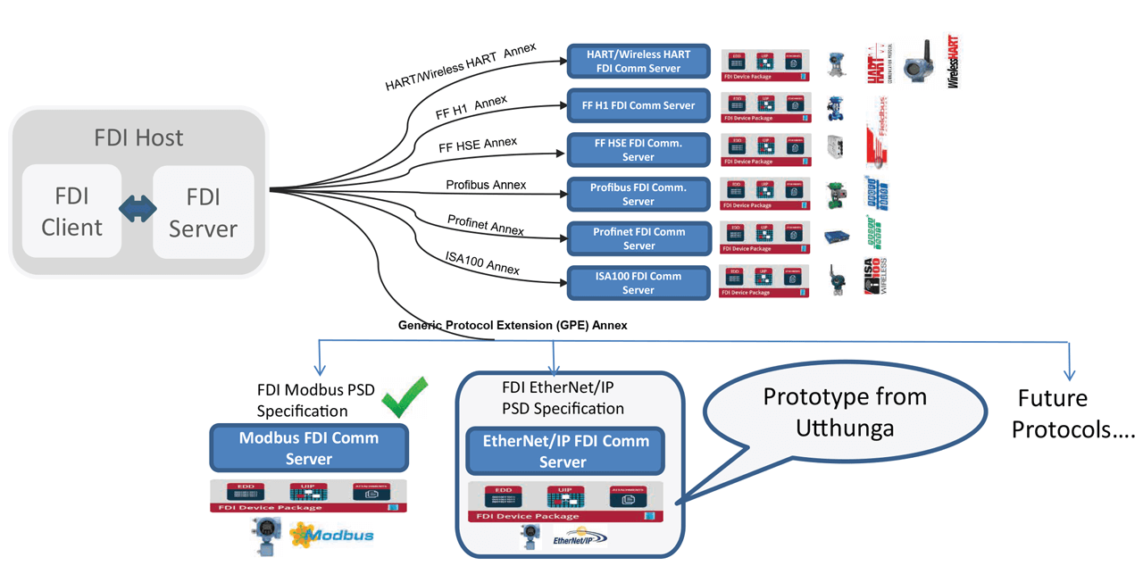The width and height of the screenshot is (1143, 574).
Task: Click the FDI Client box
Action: tap(71, 212)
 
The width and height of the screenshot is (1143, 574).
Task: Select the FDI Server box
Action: tap(203, 212)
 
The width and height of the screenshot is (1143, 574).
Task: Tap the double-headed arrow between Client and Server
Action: tap(138, 212)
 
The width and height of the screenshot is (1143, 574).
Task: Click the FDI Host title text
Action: tap(138, 137)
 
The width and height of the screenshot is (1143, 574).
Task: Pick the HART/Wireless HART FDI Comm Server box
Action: tap(638, 61)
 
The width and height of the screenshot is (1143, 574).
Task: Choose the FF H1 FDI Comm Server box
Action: tap(638, 105)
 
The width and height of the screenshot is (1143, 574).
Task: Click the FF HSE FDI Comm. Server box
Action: tap(638, 150)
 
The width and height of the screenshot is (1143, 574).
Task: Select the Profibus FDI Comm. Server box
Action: tap(638, 195)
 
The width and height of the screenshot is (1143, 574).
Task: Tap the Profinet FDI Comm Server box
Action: tap(638, 238)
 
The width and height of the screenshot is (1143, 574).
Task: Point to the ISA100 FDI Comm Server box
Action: tap(638, 283)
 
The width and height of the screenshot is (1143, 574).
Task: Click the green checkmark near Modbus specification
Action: tap(405, 398)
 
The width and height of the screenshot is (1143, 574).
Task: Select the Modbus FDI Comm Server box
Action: tap(309, 448)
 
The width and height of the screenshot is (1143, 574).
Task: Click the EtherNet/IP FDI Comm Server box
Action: tap(565, 451)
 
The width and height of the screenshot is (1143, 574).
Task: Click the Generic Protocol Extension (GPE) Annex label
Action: tap(513, 326)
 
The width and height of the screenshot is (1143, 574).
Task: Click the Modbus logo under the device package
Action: tap(331, 535)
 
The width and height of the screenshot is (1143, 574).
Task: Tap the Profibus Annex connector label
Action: tap(486, 186)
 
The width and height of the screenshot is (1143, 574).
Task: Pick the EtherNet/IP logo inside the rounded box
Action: tap(580, 539)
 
